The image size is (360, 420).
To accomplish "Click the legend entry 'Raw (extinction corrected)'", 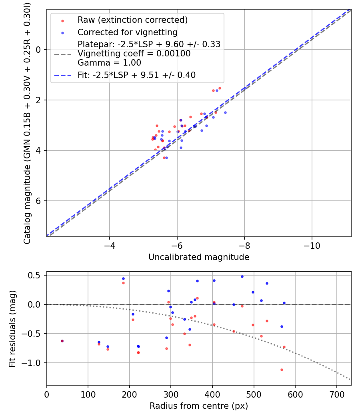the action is coord(132,20).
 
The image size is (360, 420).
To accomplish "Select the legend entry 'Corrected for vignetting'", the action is coord(127,32).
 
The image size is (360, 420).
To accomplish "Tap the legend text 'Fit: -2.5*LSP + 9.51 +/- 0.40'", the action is coord(136,75).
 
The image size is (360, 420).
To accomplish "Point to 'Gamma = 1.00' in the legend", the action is coord(109,62).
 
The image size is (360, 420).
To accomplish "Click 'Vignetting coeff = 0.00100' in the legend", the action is coord(134,53).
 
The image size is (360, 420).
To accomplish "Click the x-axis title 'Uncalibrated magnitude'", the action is coord(199,257).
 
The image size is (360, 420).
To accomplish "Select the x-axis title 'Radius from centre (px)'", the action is coord(199,406).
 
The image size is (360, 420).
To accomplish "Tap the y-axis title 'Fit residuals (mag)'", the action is coord(12,328).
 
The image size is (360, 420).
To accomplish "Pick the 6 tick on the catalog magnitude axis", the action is coord(39,201).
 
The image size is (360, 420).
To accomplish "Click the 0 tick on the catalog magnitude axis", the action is coord(39,50).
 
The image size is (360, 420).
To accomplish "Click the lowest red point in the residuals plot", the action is coord(282,370).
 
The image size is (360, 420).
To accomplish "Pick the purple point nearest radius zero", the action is coord(62,341).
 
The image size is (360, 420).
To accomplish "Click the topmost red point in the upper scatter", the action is coord(220,88).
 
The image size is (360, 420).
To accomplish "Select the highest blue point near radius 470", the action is coord(242,276).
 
